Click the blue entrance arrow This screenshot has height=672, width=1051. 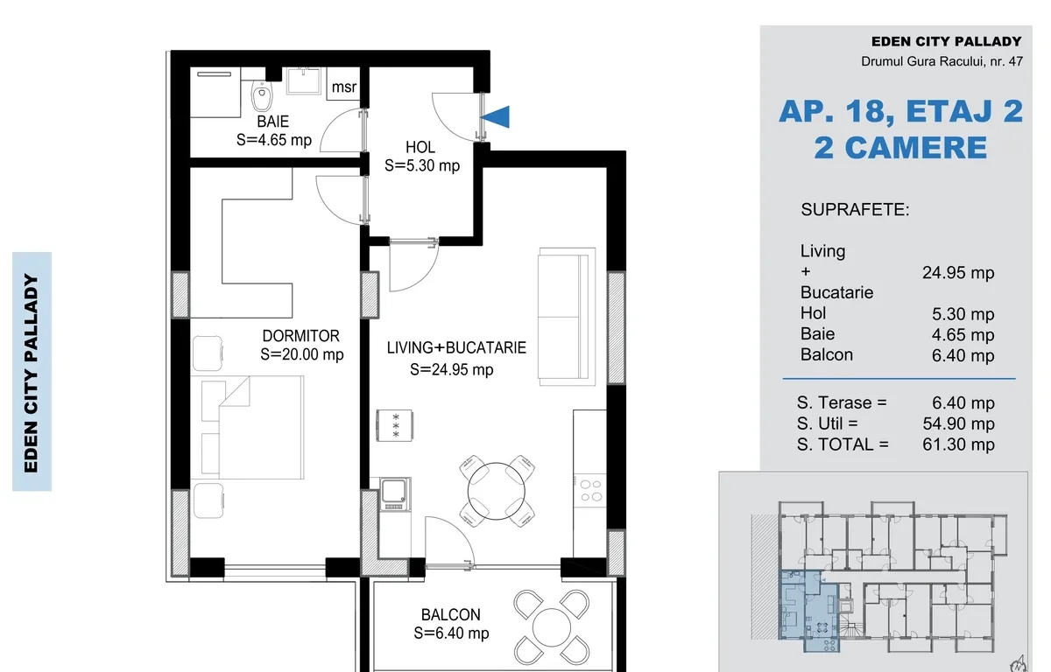tap(496, 116)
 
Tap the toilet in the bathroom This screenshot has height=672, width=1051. tap(262, 96)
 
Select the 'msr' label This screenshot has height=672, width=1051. tap(344, 87)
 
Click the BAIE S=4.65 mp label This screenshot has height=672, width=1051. tap(273, 130)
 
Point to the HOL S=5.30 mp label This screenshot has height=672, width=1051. tap(421, 157)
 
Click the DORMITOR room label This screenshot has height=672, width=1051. tap(301, 336)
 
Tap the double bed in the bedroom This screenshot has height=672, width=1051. tap(252, 427)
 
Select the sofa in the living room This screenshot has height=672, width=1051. tap(567, 317)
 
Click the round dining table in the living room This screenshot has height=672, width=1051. tap(496, 491)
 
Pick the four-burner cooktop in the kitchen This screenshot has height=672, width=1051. tap(589, 490)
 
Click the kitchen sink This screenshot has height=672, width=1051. tap(395, 493)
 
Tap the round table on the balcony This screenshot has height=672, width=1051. tap(551, 627)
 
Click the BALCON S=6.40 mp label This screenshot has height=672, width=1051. tap(451, 624)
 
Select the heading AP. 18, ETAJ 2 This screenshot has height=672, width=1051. tap(901, 111)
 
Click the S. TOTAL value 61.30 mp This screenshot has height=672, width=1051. tap(958, 444)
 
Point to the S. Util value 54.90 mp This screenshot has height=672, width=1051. tap(958, 423)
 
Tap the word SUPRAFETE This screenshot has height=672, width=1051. tap(855, 209)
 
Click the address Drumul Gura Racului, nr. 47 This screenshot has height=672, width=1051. tap(942, 61)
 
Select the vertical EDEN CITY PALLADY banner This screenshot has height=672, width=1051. tap(32, 372)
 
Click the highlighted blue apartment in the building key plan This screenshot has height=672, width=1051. tap(808, 611)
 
